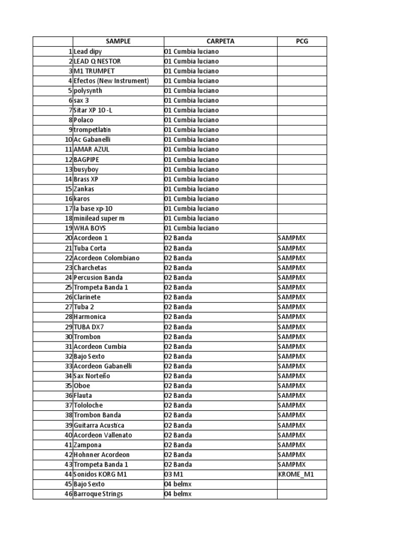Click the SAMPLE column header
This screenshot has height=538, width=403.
point(118,42)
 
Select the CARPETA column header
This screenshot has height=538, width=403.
point(220,42)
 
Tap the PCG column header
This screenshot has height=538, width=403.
point(302,42)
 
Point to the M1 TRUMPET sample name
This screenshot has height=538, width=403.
point(94,71)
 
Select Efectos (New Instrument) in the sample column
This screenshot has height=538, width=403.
point(111,81)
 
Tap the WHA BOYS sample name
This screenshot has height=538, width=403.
point(91,229)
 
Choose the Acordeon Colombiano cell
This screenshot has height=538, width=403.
point(107,258)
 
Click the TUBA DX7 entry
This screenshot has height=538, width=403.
point(89,327)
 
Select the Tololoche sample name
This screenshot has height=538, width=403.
point(88,406)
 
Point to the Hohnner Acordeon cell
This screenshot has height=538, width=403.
point(101,455)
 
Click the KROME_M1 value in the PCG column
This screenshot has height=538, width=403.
point(296,474)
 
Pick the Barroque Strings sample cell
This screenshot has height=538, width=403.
point(98,494)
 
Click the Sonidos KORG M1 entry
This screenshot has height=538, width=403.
point(100,474)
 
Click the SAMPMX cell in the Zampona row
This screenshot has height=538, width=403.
point(292,445)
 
